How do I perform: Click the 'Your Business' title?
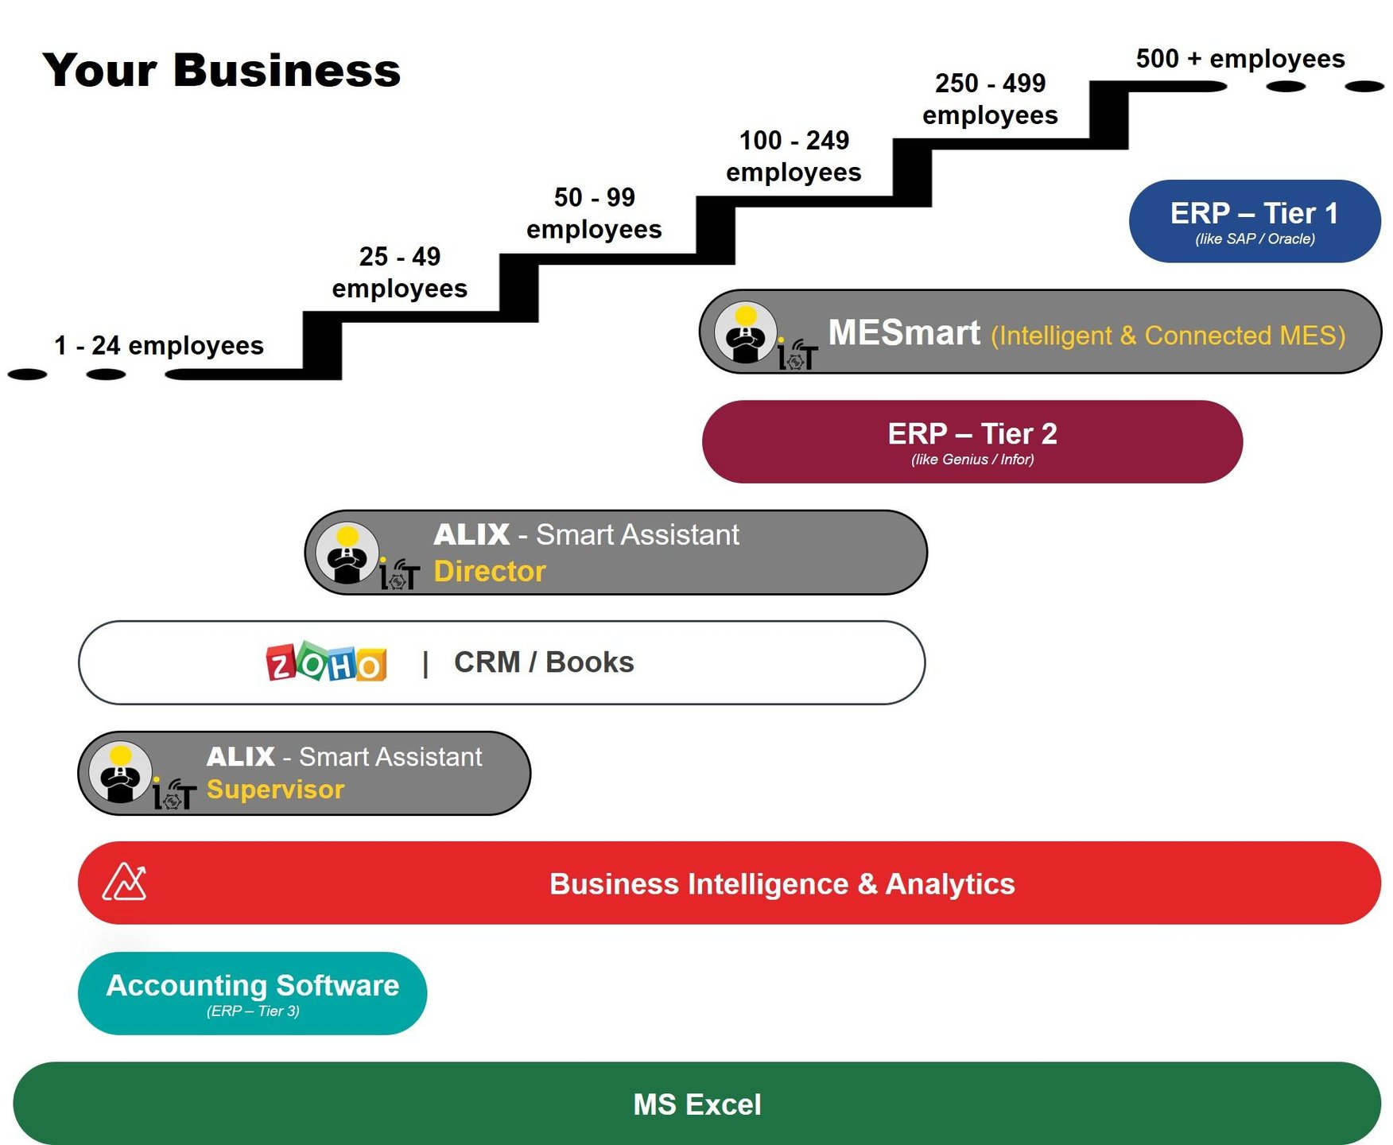click(x=222, y=70)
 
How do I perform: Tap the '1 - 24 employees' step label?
click(x=159, y=345)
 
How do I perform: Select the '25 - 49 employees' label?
click(x=399, y=272)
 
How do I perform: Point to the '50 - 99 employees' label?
click(x=594, y=213)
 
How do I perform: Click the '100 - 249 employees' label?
click(x=794, y=156)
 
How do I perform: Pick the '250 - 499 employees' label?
click(x=990, y=99)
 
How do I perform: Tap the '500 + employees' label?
click(x=1240, y=58)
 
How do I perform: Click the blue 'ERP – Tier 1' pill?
click(x=1254, y=220)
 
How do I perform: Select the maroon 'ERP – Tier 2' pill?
click(x=972, y=441)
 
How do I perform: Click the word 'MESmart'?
click(x=904, y=332)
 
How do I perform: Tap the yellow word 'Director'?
click(x=490, y=571)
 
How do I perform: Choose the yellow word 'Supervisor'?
click(x=275, y=789)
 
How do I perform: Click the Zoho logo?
click(x=326, y=662)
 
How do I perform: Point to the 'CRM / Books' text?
click(x=544, y=662)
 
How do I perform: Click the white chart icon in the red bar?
click(x=125, y=882)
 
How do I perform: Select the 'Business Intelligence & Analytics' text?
click(x=782, y=883)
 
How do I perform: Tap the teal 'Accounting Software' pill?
click(x=252, y=992)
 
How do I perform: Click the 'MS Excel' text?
click(x=696, y=1104)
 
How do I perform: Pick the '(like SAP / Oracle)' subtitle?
click(x=1255, y=239)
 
